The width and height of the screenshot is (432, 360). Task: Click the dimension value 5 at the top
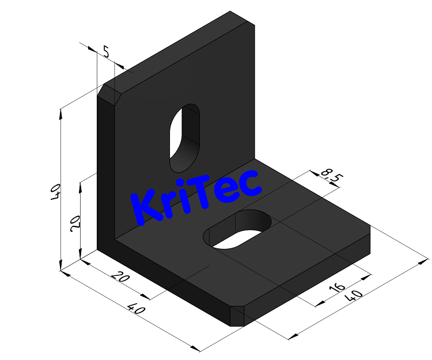(x=106, y=52)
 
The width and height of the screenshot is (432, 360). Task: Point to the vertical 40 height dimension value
(x=55, y=192)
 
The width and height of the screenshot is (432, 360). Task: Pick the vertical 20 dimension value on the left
(x=75, y=222)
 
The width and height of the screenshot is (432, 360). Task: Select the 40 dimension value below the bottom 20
(x=136, y=309)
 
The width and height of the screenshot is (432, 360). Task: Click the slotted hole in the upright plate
(x=184, y=137)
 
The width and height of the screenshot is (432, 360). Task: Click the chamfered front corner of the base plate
(x=238, y=316)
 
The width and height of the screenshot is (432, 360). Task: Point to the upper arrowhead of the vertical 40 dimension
(x=60, y=112)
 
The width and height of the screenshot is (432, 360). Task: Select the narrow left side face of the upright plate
(x=106, y=173)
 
